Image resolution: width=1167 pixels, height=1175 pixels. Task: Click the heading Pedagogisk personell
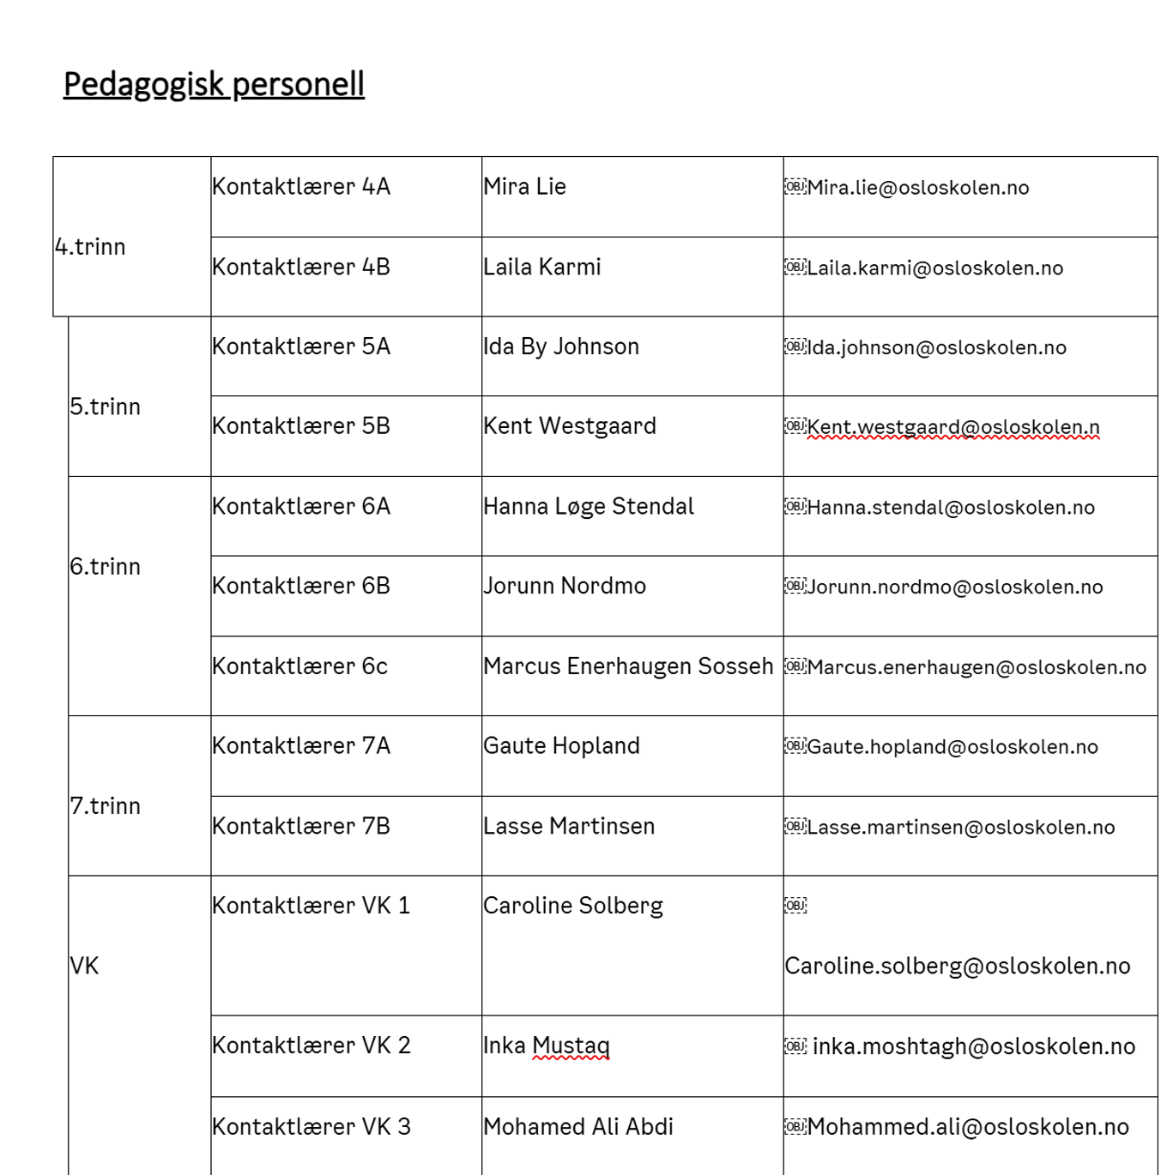click(x=214, y=84)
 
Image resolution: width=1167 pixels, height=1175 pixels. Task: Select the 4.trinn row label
click(x=90, y=247)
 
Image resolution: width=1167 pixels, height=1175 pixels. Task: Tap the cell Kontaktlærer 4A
click(x=301, y=187)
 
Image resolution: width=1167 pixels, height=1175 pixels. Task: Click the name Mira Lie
click(x=524, y=187)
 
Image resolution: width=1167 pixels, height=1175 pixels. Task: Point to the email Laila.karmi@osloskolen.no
click(x=934, y=268)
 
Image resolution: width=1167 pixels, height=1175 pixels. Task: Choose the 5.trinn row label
click(x=105, y=407)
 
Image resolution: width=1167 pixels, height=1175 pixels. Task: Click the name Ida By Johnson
click(x=561, y=346)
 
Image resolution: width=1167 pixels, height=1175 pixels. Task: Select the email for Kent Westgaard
click(x=952, y=427)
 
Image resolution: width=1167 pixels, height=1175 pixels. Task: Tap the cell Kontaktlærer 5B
click(x=301, y=426)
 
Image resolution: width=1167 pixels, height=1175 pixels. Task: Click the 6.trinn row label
click(x=105, y=567)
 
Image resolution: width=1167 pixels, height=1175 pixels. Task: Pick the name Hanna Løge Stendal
click(x=589, y=507)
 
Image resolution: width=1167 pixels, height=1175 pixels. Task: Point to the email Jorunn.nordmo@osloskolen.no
click(x=954, y=587)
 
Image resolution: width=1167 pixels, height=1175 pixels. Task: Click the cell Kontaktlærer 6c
click(x=300, y=666)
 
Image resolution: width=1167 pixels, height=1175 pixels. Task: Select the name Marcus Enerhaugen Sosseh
click(x=628, y=666)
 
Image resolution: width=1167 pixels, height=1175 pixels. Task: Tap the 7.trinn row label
click(x=105, y=806)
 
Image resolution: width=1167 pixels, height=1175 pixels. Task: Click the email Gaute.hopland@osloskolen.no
click(x=952, y=747)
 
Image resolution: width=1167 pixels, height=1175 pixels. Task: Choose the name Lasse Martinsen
click(x=569, y=827)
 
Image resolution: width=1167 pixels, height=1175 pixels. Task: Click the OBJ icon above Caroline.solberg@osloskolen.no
click(x=795, y=906)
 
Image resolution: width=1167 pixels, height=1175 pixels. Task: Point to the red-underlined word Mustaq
click(x=571, y=1046)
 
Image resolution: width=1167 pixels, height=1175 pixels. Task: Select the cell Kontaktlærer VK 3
click(x=311, y=1127)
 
